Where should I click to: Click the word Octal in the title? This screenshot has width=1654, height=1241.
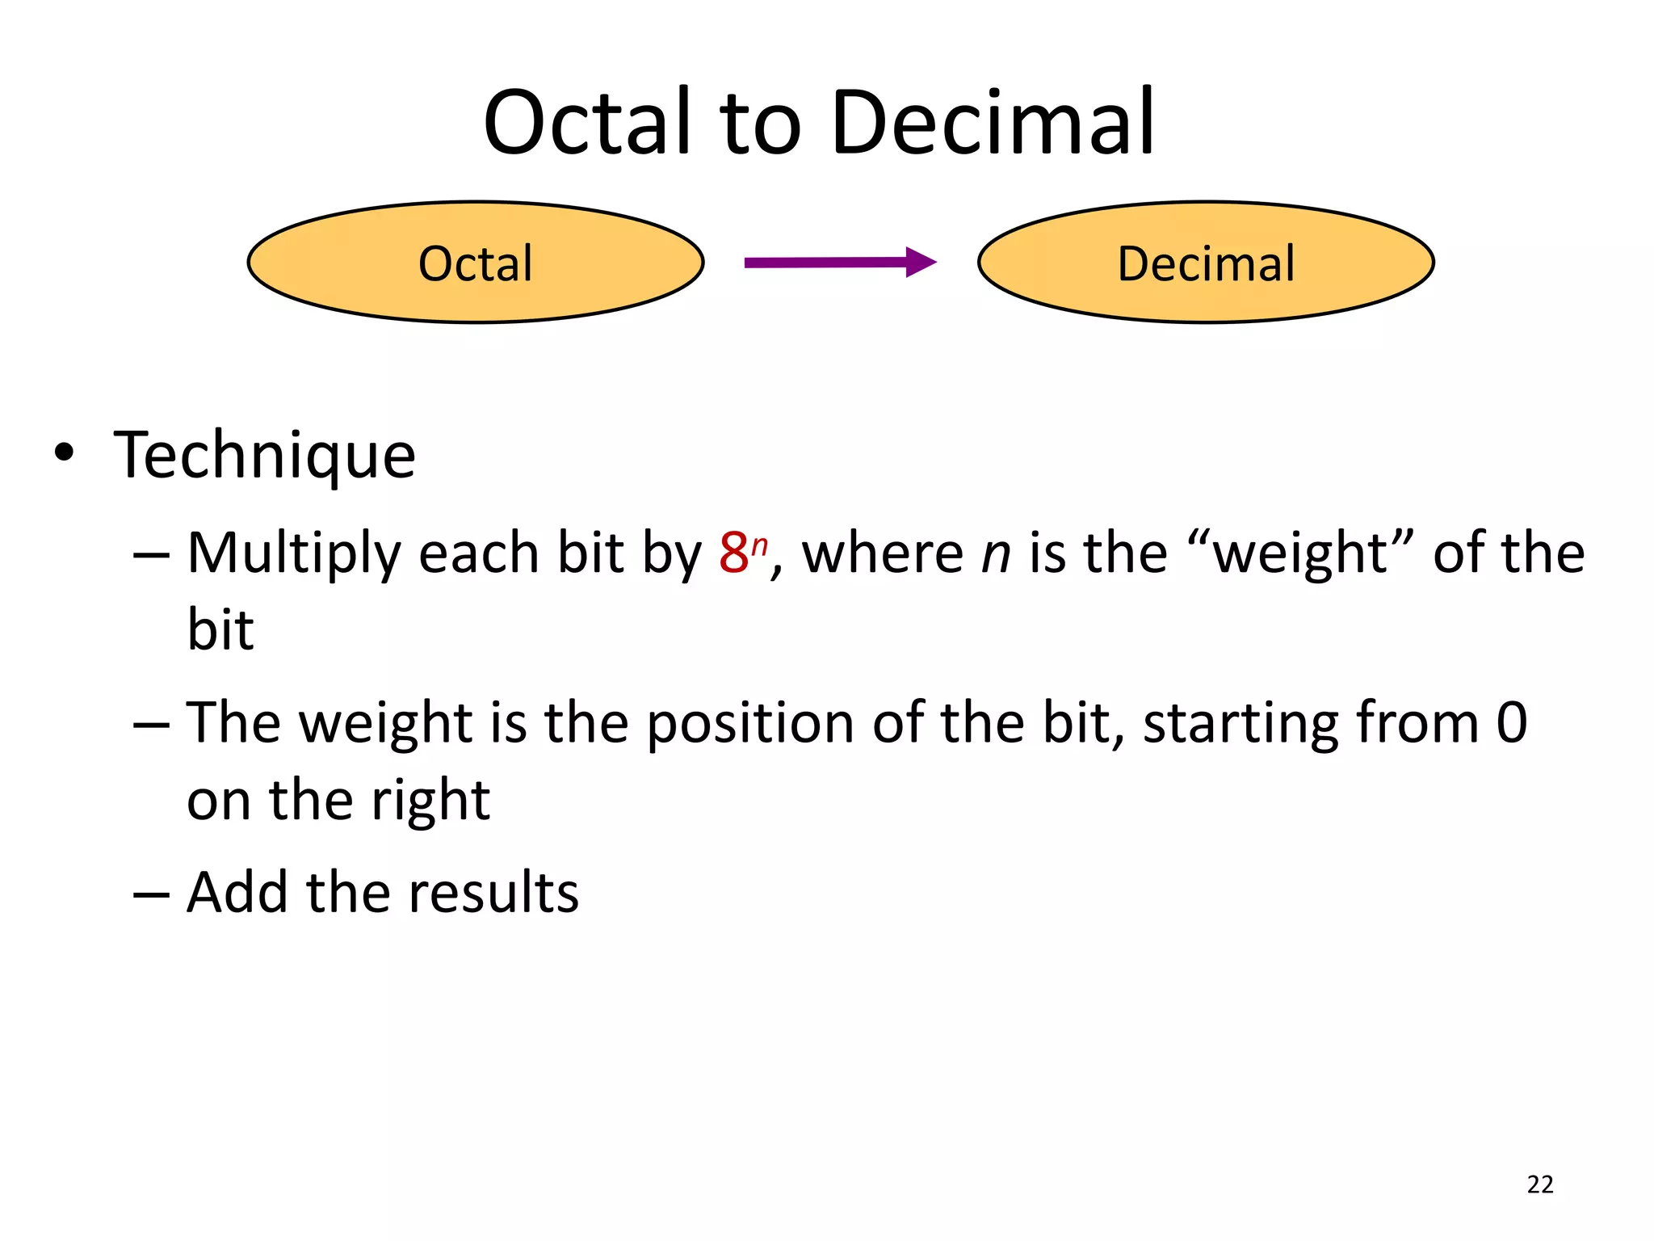pos(588,123)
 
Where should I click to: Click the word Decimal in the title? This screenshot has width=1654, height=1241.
pos(993,123)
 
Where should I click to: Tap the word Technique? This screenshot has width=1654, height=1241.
pos(265,455)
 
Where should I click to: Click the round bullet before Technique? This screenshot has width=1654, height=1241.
pos(64,453)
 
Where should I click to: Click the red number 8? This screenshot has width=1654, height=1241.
pos(733,554)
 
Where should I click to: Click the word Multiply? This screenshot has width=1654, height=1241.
pos(294,554)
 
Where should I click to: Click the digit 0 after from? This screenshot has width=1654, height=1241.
pos(1511,722)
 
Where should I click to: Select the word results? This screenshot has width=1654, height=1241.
pos(493,892)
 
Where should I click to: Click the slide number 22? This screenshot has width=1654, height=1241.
pos(1539,1184)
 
